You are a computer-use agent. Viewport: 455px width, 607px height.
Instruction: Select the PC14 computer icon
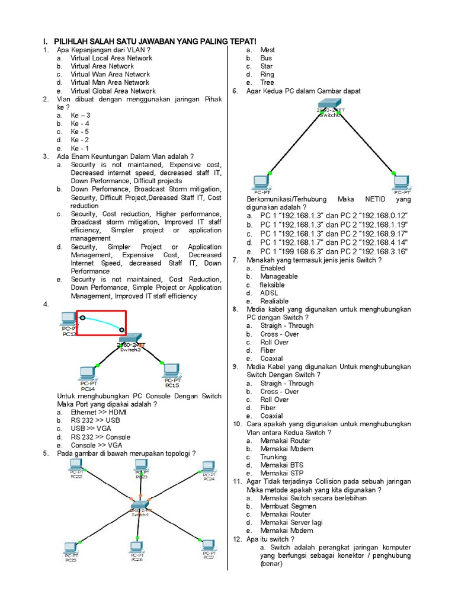(x=88, y=373)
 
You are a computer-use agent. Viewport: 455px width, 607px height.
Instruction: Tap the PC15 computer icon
(x=172, y=370)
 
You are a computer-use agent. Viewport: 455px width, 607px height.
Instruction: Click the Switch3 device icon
(x=130, y=339)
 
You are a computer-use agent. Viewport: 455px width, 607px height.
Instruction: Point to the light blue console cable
(x=102, y=322)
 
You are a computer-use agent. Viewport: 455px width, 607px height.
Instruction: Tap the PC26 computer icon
(x=137, y=547)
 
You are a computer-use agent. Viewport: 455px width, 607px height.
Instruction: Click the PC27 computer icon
(x=207, y=545)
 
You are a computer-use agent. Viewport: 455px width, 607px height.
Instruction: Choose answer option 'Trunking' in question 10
(x=274, y=457)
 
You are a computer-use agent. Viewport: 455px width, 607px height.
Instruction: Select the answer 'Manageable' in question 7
(x=278, y=276)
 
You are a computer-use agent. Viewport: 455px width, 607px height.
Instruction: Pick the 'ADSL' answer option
(x=269, y=293)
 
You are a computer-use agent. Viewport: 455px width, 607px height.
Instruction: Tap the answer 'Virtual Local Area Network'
(x=111, y=58)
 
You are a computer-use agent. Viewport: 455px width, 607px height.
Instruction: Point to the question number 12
(x=237, y=539)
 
